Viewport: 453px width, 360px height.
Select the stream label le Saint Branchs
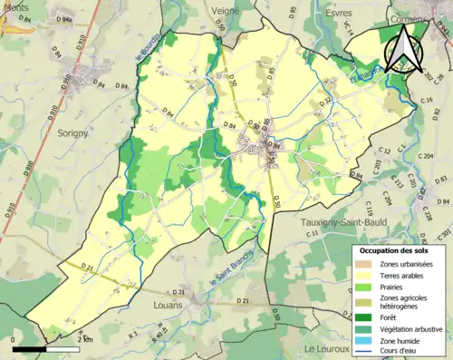pyautogui.click(x=228, y=269)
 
